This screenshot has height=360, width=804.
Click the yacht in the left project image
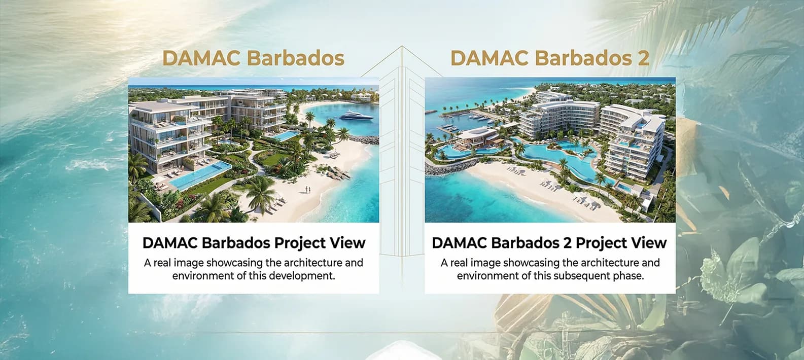click(x=356, y=116)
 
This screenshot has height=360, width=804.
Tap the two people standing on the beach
click(x=307, y=190)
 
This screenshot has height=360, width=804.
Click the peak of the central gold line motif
click(x=402, y=47)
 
